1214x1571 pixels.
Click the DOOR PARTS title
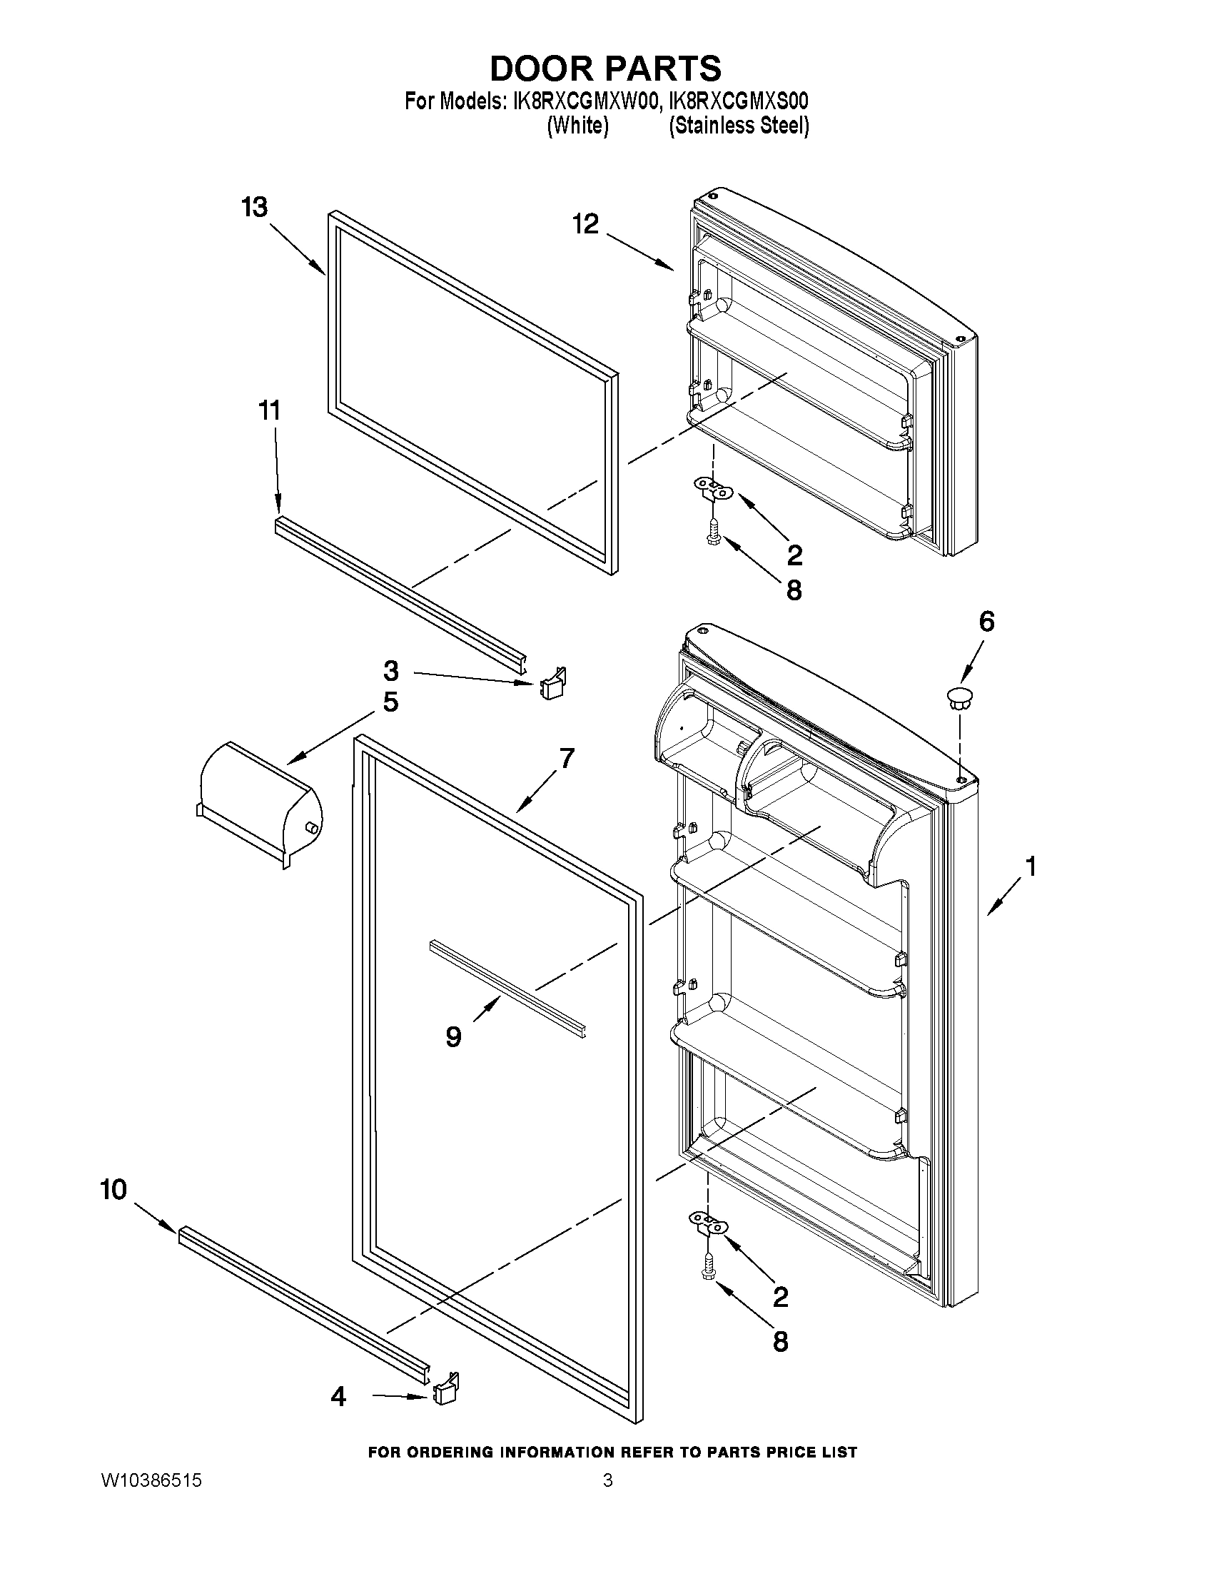(605, 69)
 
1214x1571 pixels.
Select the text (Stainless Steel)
(739, 126)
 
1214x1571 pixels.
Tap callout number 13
(254, 207)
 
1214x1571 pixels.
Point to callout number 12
(585, 224)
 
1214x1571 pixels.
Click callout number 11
(269, 410)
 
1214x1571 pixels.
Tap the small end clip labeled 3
(553, 685)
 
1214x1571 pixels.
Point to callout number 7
(567, 758)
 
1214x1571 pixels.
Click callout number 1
(1031, 867)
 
